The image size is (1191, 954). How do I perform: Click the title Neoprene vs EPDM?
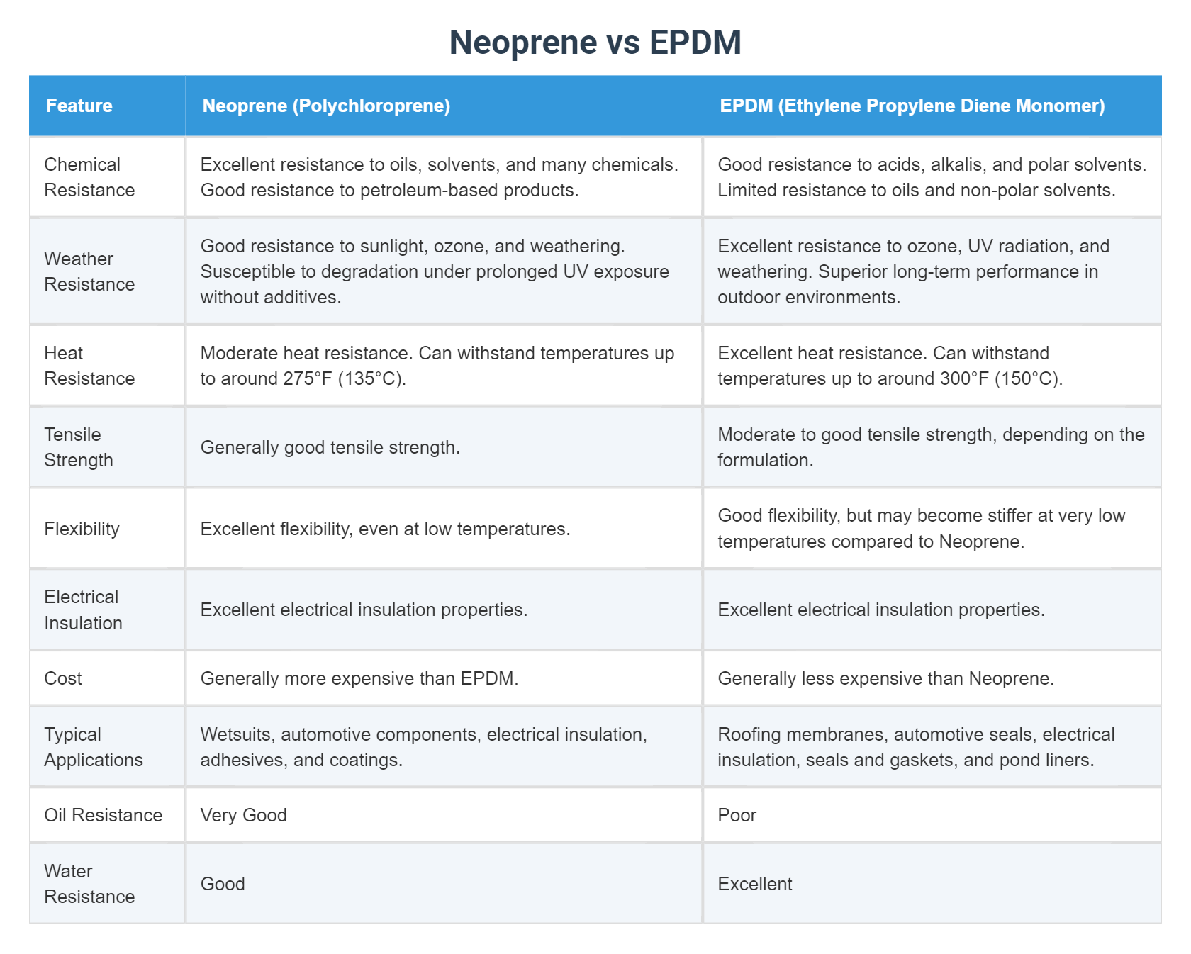click(595, 43)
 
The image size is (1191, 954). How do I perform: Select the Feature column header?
click(79, 106)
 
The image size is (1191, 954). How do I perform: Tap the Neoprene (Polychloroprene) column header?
click(326, 106)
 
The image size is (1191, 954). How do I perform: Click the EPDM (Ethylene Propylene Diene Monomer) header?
click(912, 106)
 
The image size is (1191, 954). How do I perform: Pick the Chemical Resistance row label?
click(89, 177)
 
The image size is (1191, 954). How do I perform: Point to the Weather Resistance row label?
click(89, 271)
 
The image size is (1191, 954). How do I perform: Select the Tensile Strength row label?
click(78, 447)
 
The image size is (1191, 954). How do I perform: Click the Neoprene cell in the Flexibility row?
click(385, 529)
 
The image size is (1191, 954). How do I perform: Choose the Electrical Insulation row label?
click(83, 610)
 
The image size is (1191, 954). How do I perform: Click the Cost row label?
click(63, 678)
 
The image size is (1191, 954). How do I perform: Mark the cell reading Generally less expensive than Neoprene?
click(885, 678)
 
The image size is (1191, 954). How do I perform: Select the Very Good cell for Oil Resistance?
click(243, 815)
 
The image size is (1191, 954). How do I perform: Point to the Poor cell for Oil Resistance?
click(737, 815)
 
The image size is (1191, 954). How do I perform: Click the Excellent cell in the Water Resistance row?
click(755, 884)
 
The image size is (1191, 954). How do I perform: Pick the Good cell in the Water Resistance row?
click(223, 884)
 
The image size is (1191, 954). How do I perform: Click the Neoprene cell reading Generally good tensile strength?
click(330, 447)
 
